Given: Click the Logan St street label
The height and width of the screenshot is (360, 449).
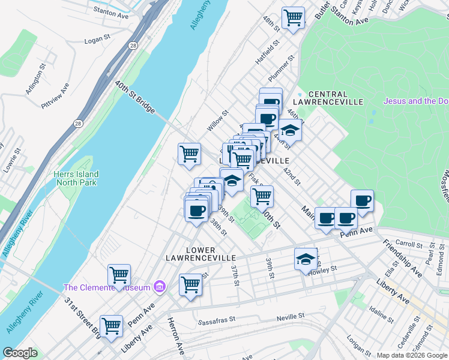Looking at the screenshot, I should pyautogui.click(x=98, y=40).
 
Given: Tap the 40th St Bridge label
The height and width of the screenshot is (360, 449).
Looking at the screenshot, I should pyautogui.click(x=136, y=98).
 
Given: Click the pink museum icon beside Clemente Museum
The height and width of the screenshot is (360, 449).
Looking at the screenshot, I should pyautogui.click(x=159, y=287).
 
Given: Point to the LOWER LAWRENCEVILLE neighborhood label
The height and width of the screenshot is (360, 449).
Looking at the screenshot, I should pyautogui.click(x=201, y=253).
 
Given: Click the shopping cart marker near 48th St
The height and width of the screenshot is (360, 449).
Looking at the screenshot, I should pyautogui.click(x=293, y=17).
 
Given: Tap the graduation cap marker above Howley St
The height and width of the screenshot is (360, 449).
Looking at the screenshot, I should pyautogui.click(x=306, y=259).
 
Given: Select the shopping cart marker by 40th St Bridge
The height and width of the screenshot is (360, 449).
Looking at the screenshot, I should pyautogui.click(x=189, y=153).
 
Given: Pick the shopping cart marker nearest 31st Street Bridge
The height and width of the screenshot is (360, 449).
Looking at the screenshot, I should pyautogui.click(x=111, y=326).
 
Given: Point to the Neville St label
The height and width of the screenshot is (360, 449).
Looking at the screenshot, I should pyautogui.click(x=291, y=316).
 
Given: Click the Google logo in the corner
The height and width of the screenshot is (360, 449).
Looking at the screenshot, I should pyautogui.click(x=20, y=353).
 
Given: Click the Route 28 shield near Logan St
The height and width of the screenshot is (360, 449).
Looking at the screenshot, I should pyautogui.click(x=131, y=46).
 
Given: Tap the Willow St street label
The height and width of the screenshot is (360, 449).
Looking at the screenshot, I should pyautogui.click(x=218, y=120).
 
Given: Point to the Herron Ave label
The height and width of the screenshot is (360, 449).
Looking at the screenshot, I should pyautogui.click(x=174, y=336).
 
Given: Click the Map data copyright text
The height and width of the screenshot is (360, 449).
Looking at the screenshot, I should pyautogui.click(x=412, y=355).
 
